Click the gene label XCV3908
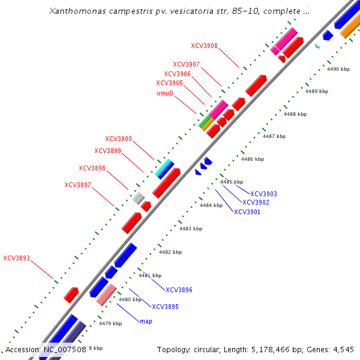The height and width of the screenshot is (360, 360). (x=204, y=46)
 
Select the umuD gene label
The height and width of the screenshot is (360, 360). (x=165, y=93)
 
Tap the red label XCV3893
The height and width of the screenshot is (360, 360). (x=16, y=259)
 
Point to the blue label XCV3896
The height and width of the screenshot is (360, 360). (x=179, y=290)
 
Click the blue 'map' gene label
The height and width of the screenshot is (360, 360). (x=146, y=322)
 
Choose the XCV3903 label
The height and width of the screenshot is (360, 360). (x=263, y=194)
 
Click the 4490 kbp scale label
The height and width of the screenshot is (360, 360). (x=338, y=70)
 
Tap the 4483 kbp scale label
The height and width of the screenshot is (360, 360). (x=191, y=229)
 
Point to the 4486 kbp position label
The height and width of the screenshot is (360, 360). (x=252, y=159)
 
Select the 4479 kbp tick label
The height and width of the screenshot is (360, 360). (x=110, y=323)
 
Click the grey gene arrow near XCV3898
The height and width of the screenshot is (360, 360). (x=139, y=197)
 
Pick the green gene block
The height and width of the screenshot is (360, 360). (x=205, y=123)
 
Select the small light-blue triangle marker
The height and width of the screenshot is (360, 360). (x=317, y=46)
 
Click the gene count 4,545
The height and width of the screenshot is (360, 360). (x=341, y=349)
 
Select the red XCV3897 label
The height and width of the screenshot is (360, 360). (x=77, y=185)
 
